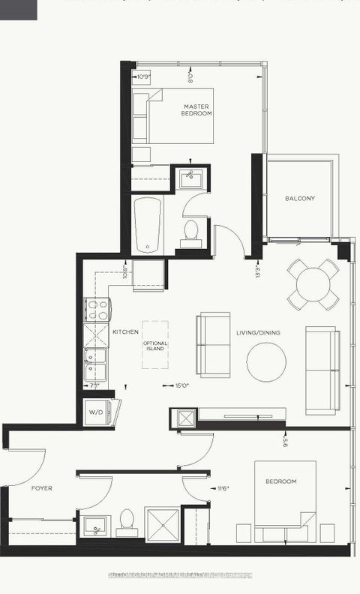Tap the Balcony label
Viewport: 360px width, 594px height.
(299, 199)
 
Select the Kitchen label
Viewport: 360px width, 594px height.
(125, 331)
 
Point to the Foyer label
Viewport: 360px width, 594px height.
(41, 487)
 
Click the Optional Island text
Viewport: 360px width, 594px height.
(156, 346)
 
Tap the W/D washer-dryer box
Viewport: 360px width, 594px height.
(96, 412)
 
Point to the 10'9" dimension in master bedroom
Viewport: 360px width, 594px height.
(143, 76)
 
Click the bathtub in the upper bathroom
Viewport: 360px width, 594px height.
(148, 225)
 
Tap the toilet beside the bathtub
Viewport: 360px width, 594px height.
(190, 232)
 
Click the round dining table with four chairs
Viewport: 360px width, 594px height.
(313, 283)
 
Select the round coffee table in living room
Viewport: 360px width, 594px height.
(265, 361)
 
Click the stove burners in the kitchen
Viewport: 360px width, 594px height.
(97, 309)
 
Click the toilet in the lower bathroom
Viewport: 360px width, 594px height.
(127, 521)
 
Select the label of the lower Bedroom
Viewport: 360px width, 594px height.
(281, 481)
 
